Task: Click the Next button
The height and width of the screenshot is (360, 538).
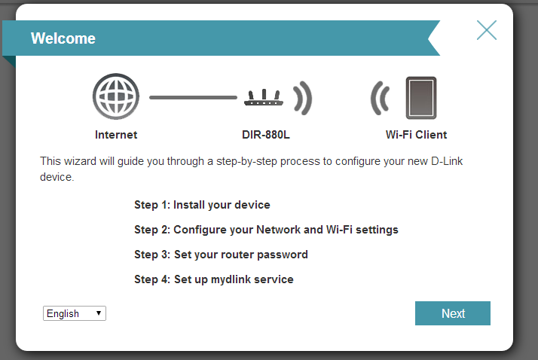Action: click(453, 313)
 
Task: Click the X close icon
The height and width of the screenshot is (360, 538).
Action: click(487, 30)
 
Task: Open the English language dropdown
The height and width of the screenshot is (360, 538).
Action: click(75, 313)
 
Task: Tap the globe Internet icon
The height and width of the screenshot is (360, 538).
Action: click(116, 96)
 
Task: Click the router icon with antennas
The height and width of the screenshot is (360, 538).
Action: click(264, 97)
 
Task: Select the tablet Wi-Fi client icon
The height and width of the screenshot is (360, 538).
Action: click(421, 98)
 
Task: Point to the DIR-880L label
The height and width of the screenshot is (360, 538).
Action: click(266, 135)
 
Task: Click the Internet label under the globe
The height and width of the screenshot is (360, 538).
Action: click(116, 135)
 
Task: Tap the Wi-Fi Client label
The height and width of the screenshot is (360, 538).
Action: click(416, 135)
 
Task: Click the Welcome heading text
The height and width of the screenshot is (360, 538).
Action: click(63, 38)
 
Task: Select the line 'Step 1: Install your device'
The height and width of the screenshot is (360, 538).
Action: click(202, 205)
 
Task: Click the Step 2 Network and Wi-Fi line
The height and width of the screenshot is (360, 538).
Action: click(266, 230)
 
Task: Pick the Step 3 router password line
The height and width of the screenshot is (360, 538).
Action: click(221, 255)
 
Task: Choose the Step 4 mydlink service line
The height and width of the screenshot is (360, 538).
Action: click(214, 279)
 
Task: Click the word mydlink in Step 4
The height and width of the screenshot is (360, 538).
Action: click(231, 279)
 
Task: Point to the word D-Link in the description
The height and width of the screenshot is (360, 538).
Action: click(447, 161)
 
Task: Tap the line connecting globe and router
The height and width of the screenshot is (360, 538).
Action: click(193, 97)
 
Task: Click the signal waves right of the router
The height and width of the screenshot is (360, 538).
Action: click(303, 98)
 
